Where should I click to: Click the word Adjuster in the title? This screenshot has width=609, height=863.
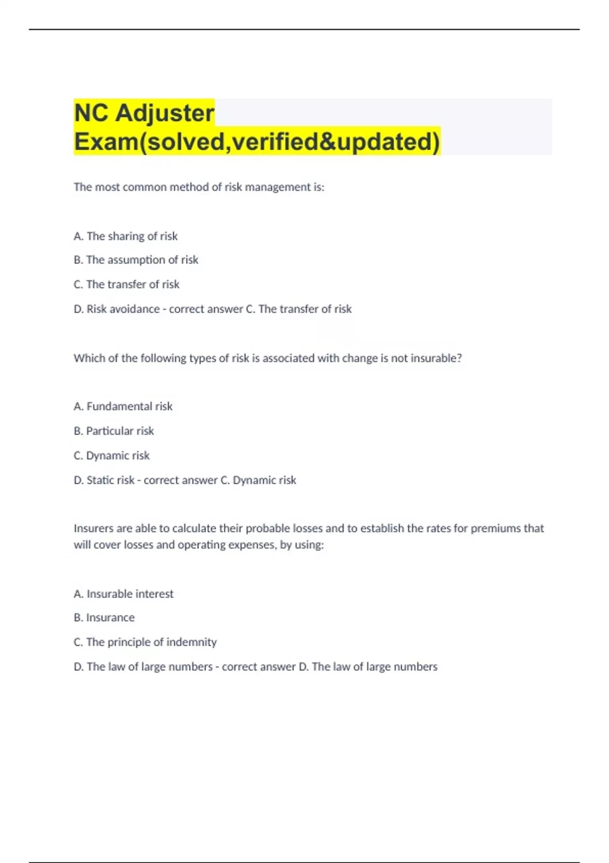165,113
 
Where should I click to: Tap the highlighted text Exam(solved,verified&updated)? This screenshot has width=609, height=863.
257,142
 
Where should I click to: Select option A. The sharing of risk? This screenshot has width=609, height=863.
125,236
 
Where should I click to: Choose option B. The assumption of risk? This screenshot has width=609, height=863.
136,260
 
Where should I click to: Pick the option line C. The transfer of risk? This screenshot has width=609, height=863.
126,284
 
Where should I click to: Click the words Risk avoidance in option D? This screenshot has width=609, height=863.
123,309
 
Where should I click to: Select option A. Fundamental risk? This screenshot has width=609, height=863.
123,406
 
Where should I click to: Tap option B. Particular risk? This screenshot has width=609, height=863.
114,431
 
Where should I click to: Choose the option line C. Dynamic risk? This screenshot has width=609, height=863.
112,455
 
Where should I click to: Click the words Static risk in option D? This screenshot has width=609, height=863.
111,480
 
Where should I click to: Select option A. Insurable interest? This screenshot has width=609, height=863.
123,593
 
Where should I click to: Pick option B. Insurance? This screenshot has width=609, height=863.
104,617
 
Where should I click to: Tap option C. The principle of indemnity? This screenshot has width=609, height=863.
145,642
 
